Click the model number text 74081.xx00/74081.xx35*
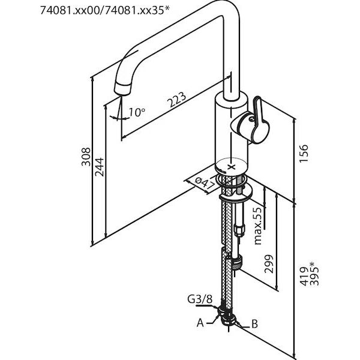pyautogui.click(x=104, y=10)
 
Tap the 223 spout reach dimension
pyautogui.click(x=176, y=100)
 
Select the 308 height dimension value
pyautogui.click(x=86, y=157)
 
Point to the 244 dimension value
pyautogui.click(x=100, y=167)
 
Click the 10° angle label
pyautogui.click(x=137, y=112)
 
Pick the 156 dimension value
pyautogui.click(x=303, y=154)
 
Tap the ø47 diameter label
pyautogui.click(x=205, y=185)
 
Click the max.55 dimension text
pyautogui.click(x=258, y=226)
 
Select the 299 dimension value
pyautogui.click(x=269, y=264)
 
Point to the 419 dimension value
pyautogui.click(x=304, y=277)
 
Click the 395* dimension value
pyautogui.click(x=314, y=273)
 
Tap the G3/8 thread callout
pyautogui.click(x=200, y=299)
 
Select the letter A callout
pyautogui.click(x=200, y=323)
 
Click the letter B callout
pyautogui.click(x=254, y=324)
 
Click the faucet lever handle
pyautogui.click(x=260, y=121)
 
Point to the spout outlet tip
pyautogui.click(x=122, y=89)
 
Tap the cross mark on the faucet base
pyautogui.click(x=232, y=166)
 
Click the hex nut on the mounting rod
pyautogui.click(x=239, y=230)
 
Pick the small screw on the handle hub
pyautogui.click(x=251, y=119)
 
